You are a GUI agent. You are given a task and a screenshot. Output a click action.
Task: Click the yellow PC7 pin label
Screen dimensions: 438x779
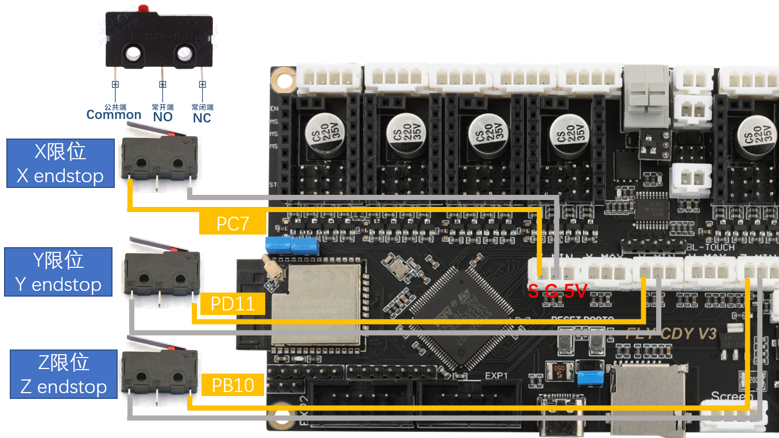(232, 223)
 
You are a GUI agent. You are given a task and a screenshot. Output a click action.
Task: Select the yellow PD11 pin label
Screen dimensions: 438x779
(232, 303)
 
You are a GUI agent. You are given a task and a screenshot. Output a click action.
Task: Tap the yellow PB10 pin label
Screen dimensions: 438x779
(232, 385)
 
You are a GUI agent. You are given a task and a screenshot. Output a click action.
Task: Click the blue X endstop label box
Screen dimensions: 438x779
(60, 163)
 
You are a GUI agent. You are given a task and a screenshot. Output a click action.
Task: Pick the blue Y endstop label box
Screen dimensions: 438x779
(58, 272)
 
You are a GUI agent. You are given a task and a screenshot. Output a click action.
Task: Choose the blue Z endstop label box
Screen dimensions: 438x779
(63, 374)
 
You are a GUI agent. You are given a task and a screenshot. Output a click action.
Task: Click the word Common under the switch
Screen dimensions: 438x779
(114, 114)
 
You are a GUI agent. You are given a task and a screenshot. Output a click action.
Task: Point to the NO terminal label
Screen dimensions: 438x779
(162, 117)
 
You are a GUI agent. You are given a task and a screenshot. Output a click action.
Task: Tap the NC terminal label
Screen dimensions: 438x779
(201, 118)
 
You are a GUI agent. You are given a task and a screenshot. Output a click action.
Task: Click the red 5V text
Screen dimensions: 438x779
(575, 291)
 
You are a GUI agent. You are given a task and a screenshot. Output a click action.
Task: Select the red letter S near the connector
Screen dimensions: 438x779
(533, 291)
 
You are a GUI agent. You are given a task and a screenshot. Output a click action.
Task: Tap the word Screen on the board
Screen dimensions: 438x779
(731, 397)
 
